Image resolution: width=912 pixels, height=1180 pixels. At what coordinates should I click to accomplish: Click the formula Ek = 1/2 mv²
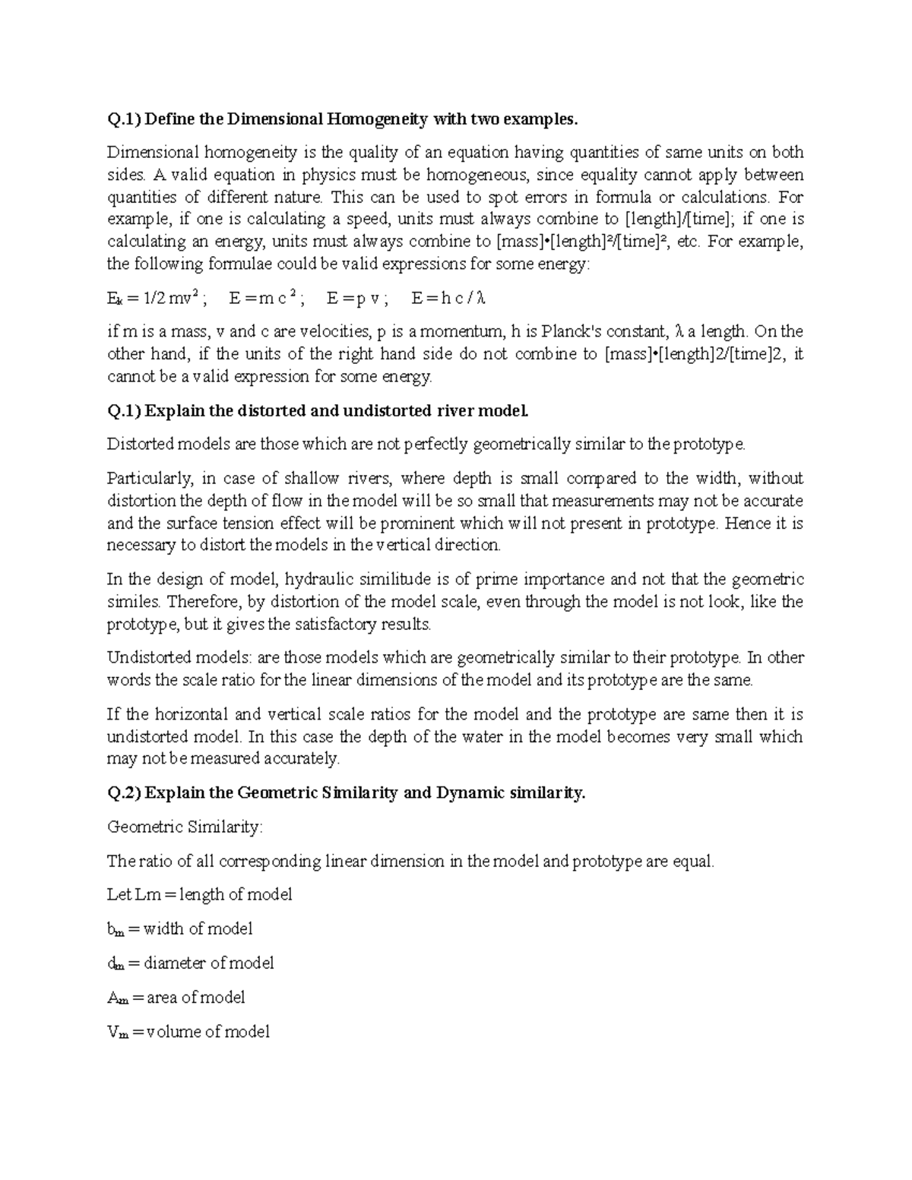154,298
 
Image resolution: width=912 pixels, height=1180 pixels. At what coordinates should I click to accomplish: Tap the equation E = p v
357,298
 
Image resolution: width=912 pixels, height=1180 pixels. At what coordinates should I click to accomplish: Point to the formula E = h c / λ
448,298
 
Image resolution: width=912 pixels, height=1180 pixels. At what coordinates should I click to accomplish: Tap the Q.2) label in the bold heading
124,793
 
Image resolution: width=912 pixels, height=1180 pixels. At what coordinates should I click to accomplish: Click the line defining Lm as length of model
200,895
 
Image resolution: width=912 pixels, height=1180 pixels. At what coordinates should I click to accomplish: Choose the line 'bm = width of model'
180,929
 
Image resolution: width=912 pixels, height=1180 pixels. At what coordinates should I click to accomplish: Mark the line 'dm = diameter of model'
191,963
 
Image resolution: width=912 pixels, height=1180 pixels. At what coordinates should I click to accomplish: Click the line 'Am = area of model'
176,998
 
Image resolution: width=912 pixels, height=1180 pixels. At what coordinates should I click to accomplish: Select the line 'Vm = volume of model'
188,1032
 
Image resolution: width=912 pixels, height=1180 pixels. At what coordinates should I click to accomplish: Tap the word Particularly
150,479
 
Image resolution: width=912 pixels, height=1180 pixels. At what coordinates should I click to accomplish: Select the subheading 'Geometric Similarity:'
184,827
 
